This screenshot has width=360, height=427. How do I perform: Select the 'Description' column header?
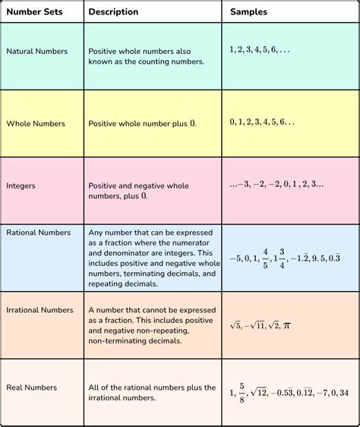(113, 12)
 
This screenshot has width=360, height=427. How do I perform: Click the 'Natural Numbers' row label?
(36, 52)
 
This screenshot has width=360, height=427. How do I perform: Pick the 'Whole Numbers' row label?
(36, 123)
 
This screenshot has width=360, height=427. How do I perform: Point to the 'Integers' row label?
(21, 185)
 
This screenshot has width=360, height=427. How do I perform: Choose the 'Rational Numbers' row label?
(39, 232)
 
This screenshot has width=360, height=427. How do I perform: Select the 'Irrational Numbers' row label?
(39, 310)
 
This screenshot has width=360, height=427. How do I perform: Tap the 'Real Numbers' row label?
(32, 387)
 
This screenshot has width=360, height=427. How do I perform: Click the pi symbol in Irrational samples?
(286, 325)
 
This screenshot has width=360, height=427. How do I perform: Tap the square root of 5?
(237, 325)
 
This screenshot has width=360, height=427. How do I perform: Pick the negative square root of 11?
(259, 325)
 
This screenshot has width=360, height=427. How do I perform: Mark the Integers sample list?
(276, 184)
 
